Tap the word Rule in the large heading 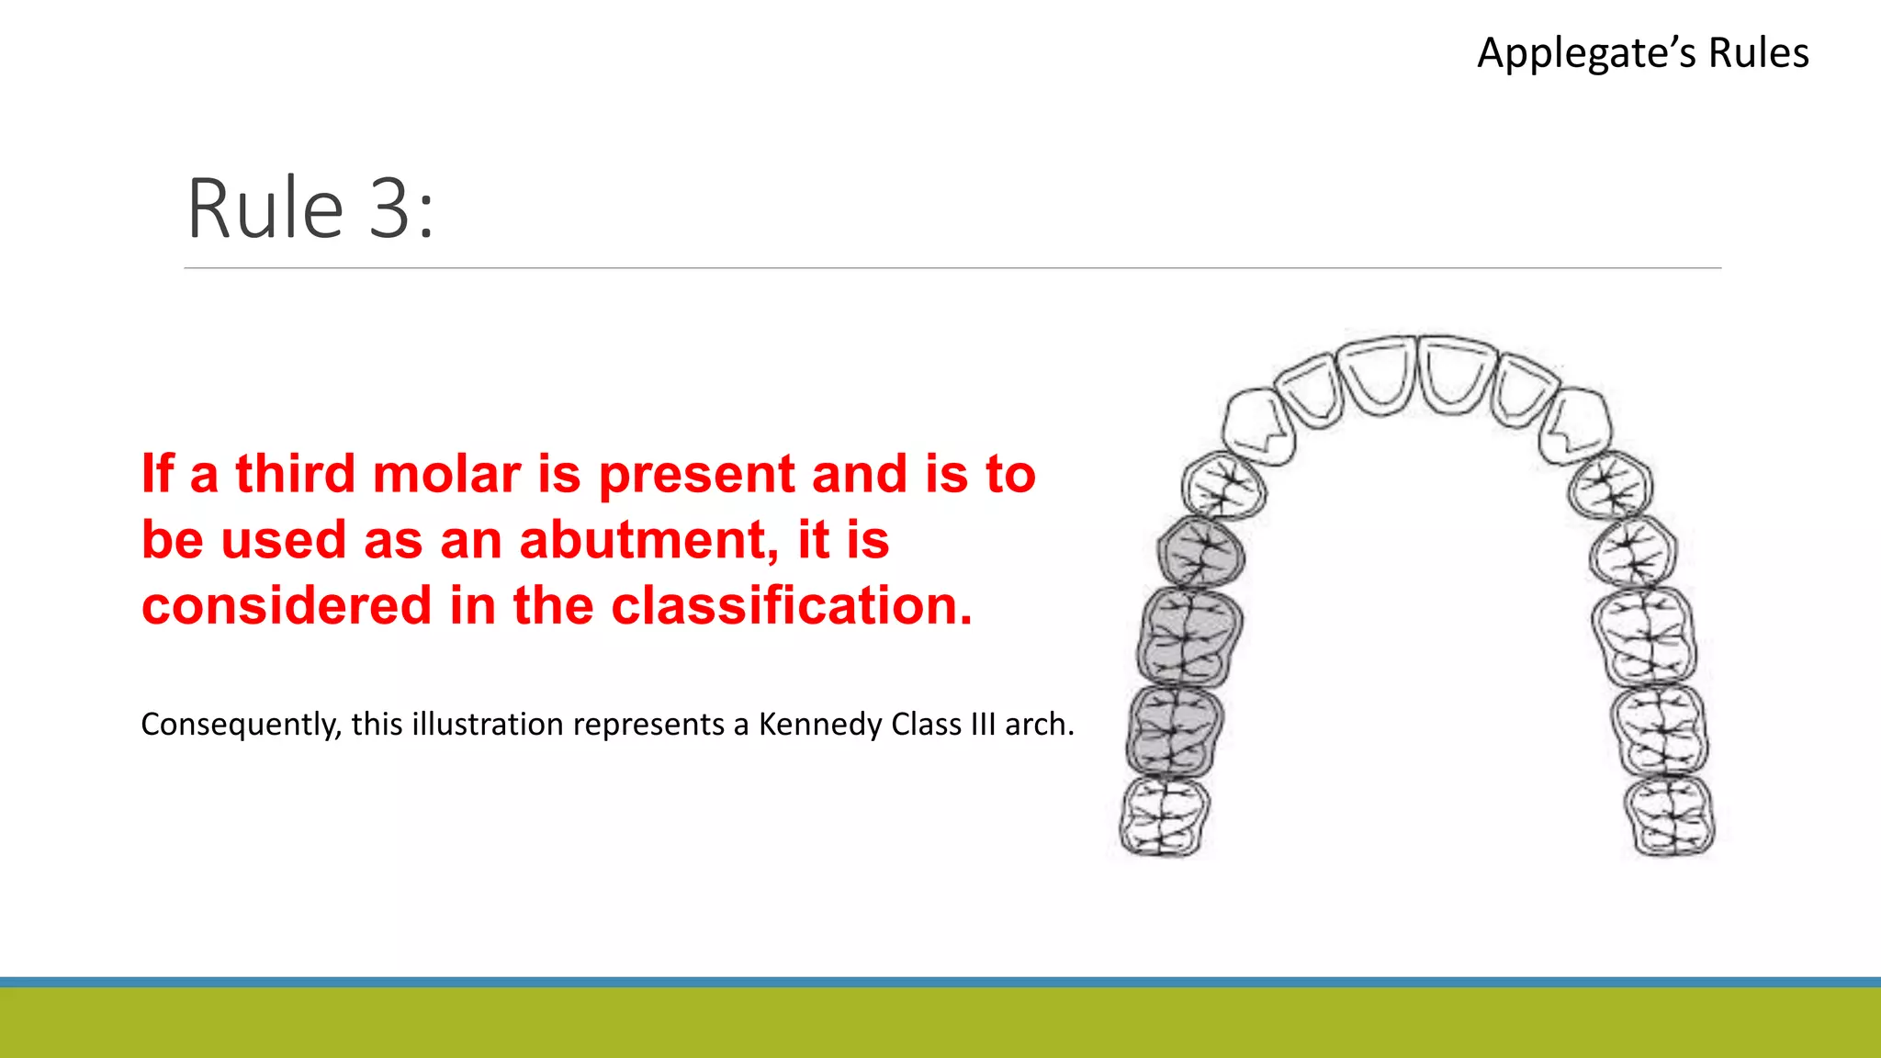tap(265, 209)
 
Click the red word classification tap(791, 606)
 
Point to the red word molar tap(447, 474)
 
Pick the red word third tap(295, 474)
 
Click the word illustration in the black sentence tap(487, 725)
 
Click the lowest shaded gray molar tap(1174, 731)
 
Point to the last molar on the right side tap(1669, 816)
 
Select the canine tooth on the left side tap(1257, 425)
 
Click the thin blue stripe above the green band tap(940, 982)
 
